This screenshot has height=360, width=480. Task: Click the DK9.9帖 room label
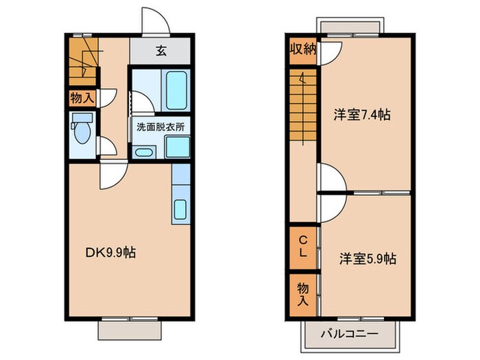click(110, 253)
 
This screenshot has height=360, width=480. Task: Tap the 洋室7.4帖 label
click(362, 115)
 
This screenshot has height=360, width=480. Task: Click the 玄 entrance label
click(160, 50)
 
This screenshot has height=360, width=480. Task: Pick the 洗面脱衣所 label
click(160, 127)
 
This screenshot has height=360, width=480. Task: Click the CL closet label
click(302, 245)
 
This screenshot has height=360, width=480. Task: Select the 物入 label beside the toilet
click(83, 98)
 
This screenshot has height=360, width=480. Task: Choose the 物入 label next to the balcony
click(302, 294)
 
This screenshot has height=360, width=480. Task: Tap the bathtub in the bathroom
click(177, 88)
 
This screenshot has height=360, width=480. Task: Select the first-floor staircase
click(84, 59)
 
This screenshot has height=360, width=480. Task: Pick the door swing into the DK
click(111, 174)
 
